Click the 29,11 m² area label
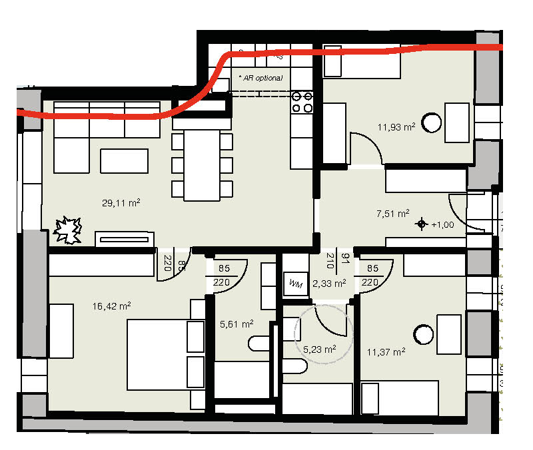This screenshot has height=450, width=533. pyautogui.click(x=121, y=203)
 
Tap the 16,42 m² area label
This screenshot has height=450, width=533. pyautogui.click(x=111, y=306)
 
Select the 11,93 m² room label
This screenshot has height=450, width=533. pyautogui.click(x=396, y=127)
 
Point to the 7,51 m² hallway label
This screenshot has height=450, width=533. pyautogui.click(x=393, y=214)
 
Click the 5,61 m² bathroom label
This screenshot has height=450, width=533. pyautogui.click(x=237, y=324)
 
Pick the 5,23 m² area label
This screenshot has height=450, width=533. pyautogui.click(x=320, y=349)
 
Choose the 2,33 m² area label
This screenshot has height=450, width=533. pyautogui.click(x=329, y=283)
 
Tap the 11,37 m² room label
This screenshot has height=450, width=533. pyautogui.click(x=386, y=352)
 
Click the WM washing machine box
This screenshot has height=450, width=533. pyautogui.click(x=296, y=284)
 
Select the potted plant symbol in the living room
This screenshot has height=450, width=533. pyautogui.click(x=68, y=230)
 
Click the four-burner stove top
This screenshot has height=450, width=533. pyautogui.click(x=302, y=103)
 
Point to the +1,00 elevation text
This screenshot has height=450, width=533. pyautogui.click(x=442, y=225)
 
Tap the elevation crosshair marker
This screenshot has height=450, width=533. pyautogui.click(x=422, y=224)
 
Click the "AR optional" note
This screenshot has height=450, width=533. pyautogui.click(x=261, y=78)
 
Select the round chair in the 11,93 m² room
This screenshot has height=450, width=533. pyautogui.click(x=431, y=122)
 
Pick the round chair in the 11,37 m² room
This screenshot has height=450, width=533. pyautogui.click(x=423, y=335)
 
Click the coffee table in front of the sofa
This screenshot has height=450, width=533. pyautogui.click(x=124, y=161)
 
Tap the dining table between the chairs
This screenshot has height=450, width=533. pyautogui.click(x=202, y=165)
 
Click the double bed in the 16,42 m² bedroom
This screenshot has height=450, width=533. pyautogui.click(x=165, y=355)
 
